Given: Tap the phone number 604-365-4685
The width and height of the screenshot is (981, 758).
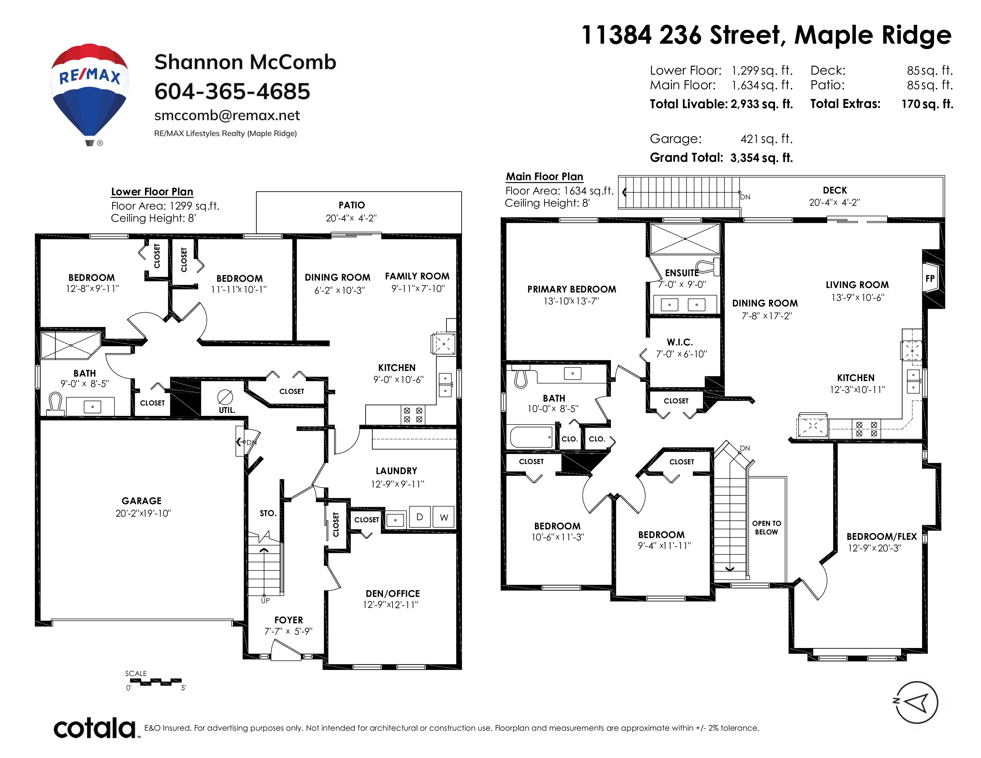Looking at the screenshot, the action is (x=232, y=91).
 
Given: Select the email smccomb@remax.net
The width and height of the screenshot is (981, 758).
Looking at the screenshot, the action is (x=227, y=115).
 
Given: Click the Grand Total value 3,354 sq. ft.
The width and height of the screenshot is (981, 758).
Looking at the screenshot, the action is (x=761, y=158).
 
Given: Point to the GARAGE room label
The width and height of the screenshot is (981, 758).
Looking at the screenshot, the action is (x=142, y=501).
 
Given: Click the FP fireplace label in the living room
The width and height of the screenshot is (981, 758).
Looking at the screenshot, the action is (x=930, y=279).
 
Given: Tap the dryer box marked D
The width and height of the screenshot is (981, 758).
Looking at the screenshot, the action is (x=419, y=517).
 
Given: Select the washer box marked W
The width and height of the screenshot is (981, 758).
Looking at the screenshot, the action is (x=444, y=517).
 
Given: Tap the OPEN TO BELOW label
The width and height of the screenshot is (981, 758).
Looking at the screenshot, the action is (x=766, y=528).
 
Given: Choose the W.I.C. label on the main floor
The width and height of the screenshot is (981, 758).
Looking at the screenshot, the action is (x=680, y=342).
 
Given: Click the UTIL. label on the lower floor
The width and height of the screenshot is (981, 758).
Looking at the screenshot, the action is (x=227, y=410).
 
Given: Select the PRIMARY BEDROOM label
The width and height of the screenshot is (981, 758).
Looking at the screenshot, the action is (x=571, y=289).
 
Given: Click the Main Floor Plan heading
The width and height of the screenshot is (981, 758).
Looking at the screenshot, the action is (x=544, y=177).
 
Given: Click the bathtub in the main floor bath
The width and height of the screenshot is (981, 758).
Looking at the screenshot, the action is (x=531, y=436).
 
